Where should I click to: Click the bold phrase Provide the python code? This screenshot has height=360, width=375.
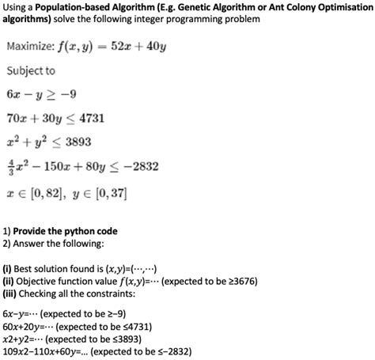tap(66, 231)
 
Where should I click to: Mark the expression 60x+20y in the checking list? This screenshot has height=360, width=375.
tap(27, 323)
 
